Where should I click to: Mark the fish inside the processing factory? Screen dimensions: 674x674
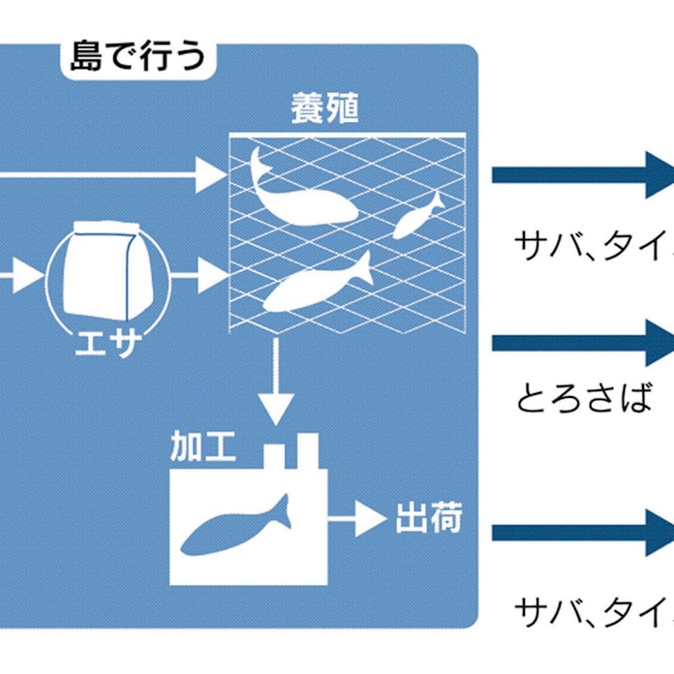237,528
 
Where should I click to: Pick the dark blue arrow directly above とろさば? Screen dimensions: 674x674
581,343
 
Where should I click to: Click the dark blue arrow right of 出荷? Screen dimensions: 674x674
581,533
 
